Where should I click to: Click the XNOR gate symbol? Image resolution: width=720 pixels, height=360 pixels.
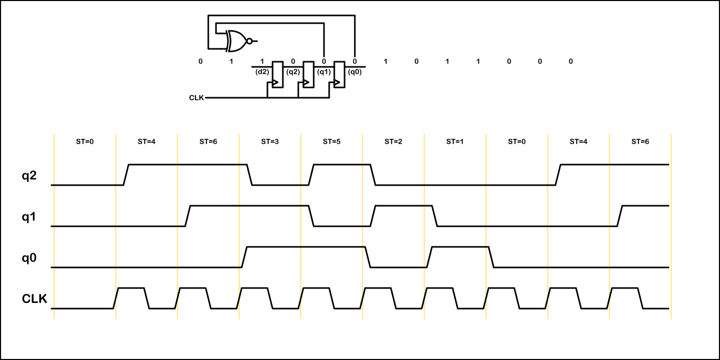point(237,41)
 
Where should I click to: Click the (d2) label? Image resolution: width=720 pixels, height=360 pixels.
point(262,72)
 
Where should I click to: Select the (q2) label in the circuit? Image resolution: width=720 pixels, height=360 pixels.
point(293,72)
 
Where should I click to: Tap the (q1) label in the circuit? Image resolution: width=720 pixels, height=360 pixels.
point(324,72)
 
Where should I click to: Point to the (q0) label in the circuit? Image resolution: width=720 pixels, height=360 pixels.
point(355,72)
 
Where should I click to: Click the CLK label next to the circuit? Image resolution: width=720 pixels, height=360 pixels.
point(196,97)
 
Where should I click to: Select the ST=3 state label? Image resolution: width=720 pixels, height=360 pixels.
point(270,141)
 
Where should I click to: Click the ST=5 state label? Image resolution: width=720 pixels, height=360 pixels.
point(332,141)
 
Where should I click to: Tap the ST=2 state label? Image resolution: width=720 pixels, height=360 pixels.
point(393,141)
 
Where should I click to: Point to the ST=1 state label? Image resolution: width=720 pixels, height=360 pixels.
point(455,141)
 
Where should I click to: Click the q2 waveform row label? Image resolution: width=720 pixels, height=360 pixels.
point(29,176)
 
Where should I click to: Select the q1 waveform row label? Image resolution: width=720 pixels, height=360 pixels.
point(29,217)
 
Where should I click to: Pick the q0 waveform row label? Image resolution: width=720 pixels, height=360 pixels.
point(29,258)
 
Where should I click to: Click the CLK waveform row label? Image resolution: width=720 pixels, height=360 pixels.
point(34,299)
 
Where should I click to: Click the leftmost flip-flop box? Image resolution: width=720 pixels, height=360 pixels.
point(278,75)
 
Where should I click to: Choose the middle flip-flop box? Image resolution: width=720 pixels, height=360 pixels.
point(309,75)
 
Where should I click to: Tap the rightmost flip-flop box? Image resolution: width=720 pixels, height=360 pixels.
point(339,75)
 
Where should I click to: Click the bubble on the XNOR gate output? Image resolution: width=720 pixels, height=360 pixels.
point(249,41)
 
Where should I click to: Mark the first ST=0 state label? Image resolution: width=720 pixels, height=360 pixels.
point(85,141)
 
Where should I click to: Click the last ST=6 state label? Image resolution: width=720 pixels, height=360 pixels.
point(640,141)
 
